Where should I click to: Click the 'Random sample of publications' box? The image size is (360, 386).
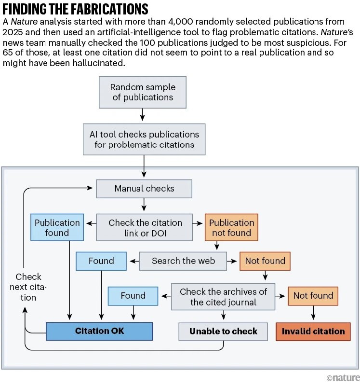coord(142,92)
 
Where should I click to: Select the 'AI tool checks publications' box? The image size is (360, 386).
coord(144,139)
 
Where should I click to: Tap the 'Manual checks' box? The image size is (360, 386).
coord(144,189)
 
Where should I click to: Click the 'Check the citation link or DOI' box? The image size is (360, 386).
coord(145,228)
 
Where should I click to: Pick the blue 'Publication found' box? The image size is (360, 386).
coord(57,228)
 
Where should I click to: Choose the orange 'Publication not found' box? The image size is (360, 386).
coord(231,228)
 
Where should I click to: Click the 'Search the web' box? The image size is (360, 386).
coord(184,261)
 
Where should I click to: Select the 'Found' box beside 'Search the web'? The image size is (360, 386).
coord(101,261)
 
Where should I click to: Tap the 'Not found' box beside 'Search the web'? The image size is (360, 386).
coord(265,261)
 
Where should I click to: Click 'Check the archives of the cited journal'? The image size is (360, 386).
coord(223,297)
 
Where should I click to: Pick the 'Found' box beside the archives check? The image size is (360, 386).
coord(133,296)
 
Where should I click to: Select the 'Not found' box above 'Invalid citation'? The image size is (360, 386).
coord(313,296)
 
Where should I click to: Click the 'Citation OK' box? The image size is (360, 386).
coord(99,331)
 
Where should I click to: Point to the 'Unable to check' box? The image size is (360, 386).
coord(223,331)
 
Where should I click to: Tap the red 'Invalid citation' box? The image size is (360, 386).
coord(313,331)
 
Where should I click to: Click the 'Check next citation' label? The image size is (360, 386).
coord(28,287)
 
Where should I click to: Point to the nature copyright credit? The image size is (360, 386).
coord(343,377)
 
